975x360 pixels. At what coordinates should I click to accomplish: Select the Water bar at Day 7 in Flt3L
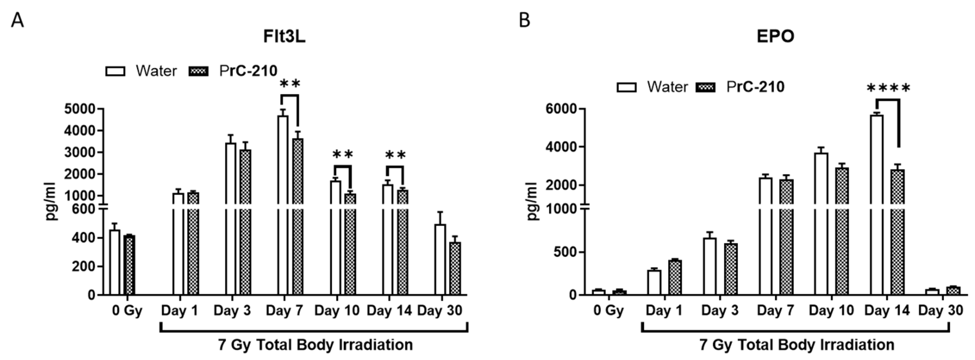click(283, 204)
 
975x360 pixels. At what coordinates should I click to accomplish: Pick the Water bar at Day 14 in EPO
click(876, 204)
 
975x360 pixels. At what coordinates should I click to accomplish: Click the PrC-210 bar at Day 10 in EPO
click(842, 231)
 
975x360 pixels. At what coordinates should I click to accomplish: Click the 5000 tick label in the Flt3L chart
click(79, 109)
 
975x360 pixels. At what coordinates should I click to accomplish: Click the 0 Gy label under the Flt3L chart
click(127, 311)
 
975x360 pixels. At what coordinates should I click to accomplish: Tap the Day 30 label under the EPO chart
click(941, 311)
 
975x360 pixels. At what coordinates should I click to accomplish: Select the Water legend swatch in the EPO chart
click(626, 88)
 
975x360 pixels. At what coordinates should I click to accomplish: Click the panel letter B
click(524, 20)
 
